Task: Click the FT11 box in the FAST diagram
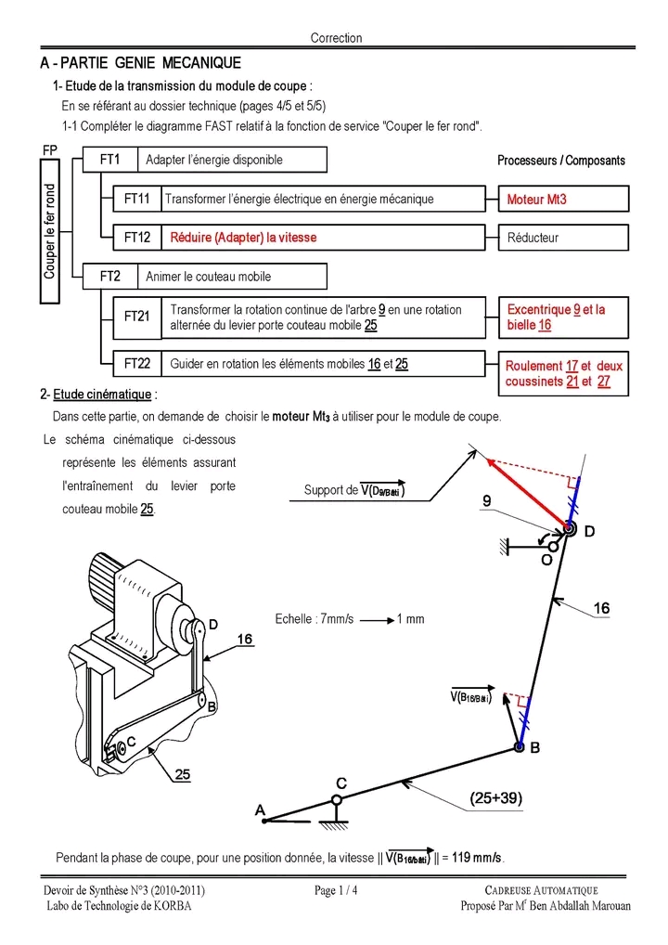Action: (136, 199)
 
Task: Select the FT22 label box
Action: (136, 364)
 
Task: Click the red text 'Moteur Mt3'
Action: (537, 200)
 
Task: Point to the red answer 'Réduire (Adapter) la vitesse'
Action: (243, 238)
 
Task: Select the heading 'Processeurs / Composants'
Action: (560, 161)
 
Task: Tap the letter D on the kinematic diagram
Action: (589, 531)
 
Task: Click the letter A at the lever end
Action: (260, 809)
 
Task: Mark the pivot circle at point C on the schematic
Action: (338, 798)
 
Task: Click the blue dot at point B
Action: (519, 747)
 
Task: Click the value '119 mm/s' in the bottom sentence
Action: (477, 857)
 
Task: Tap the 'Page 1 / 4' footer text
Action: (336, 891)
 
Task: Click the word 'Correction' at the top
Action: (336, 38)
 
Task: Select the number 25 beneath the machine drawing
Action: (183, 775)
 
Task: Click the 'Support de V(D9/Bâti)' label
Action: (354, 490)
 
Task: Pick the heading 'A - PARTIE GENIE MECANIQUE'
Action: (141, 63)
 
